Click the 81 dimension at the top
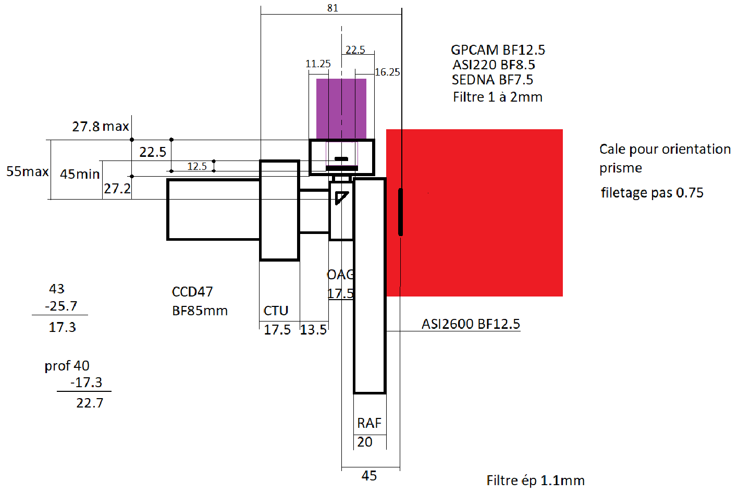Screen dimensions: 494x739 click(333, 8)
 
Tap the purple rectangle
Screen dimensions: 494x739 click(341, 108)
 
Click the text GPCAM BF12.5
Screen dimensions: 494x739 click(498, 50)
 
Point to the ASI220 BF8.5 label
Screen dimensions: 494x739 click(494, 65)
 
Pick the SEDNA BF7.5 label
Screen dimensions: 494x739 click(492, 80)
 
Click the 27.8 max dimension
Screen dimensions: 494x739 click(100, 127)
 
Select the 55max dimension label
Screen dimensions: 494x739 click(27, 171)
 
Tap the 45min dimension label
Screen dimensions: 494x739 click(80, 174)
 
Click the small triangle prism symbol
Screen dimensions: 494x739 click(341, 198)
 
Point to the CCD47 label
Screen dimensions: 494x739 click(192, 291)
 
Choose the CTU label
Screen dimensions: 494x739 click(276, 311)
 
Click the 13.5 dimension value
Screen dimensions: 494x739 click(313, 329)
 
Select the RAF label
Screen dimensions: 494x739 click(369, 423)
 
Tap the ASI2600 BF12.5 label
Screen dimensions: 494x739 click(471, 324)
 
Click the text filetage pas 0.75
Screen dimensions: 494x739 click(652, 193)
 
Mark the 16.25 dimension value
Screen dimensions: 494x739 click(387, 72)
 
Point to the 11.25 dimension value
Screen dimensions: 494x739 click(318, 64)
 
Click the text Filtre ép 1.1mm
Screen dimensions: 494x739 click(535, 480)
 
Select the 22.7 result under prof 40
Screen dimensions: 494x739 click(90, 403)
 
